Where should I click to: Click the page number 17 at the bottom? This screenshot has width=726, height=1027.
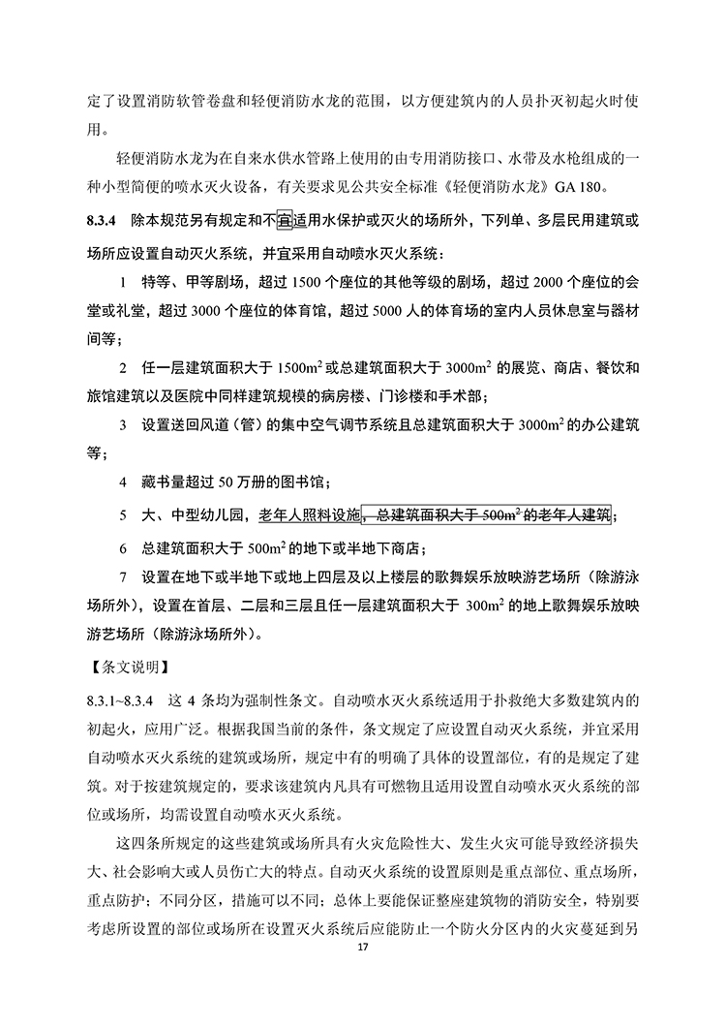click(363, 970)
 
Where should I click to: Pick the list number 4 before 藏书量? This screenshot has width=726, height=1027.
click(123, 481)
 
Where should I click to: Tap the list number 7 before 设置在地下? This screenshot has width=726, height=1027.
click(123, 578)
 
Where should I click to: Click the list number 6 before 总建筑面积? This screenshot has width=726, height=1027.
click(123, 546)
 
